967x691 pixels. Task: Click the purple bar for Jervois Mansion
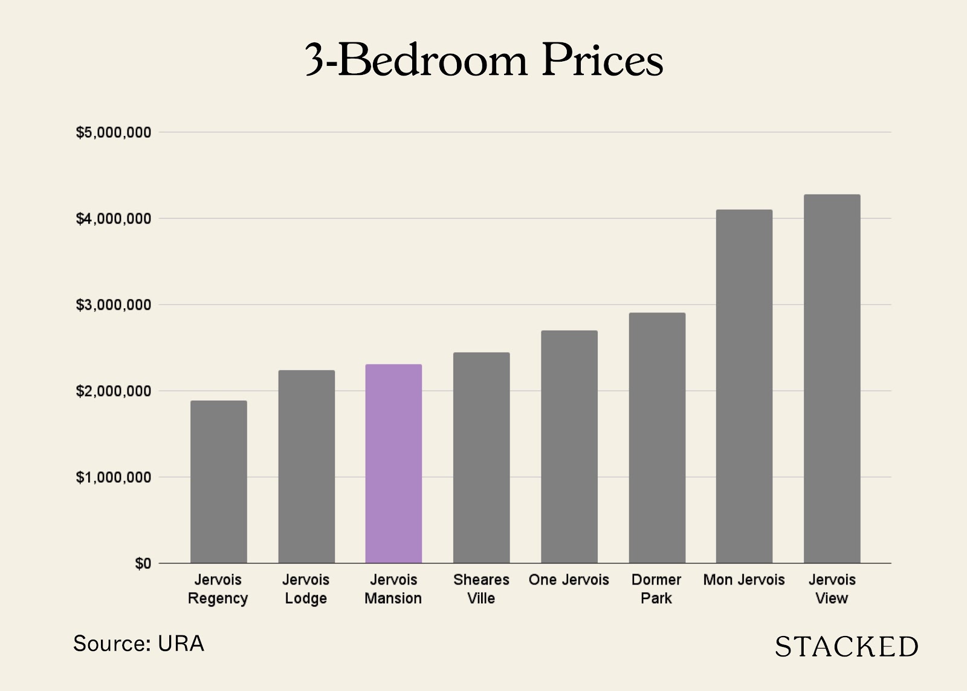393,464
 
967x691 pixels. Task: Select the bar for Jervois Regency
218,482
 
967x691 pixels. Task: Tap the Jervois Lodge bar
306,467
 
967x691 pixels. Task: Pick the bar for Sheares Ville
481,458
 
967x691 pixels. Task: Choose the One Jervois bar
569,447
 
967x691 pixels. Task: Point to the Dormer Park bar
657,438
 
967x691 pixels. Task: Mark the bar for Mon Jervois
744,386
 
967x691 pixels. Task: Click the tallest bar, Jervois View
832,379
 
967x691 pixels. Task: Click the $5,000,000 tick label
113,132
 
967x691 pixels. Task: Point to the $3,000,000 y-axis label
113,305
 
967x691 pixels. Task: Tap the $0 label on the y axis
143,563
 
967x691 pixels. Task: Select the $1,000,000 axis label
113,478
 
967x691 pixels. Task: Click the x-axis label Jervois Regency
218,589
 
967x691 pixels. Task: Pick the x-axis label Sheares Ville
481,589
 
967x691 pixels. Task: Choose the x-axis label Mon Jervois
744,580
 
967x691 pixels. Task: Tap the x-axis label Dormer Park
656,589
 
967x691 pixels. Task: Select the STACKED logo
846,647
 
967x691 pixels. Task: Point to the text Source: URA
138,644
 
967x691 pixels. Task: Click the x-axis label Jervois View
832,589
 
